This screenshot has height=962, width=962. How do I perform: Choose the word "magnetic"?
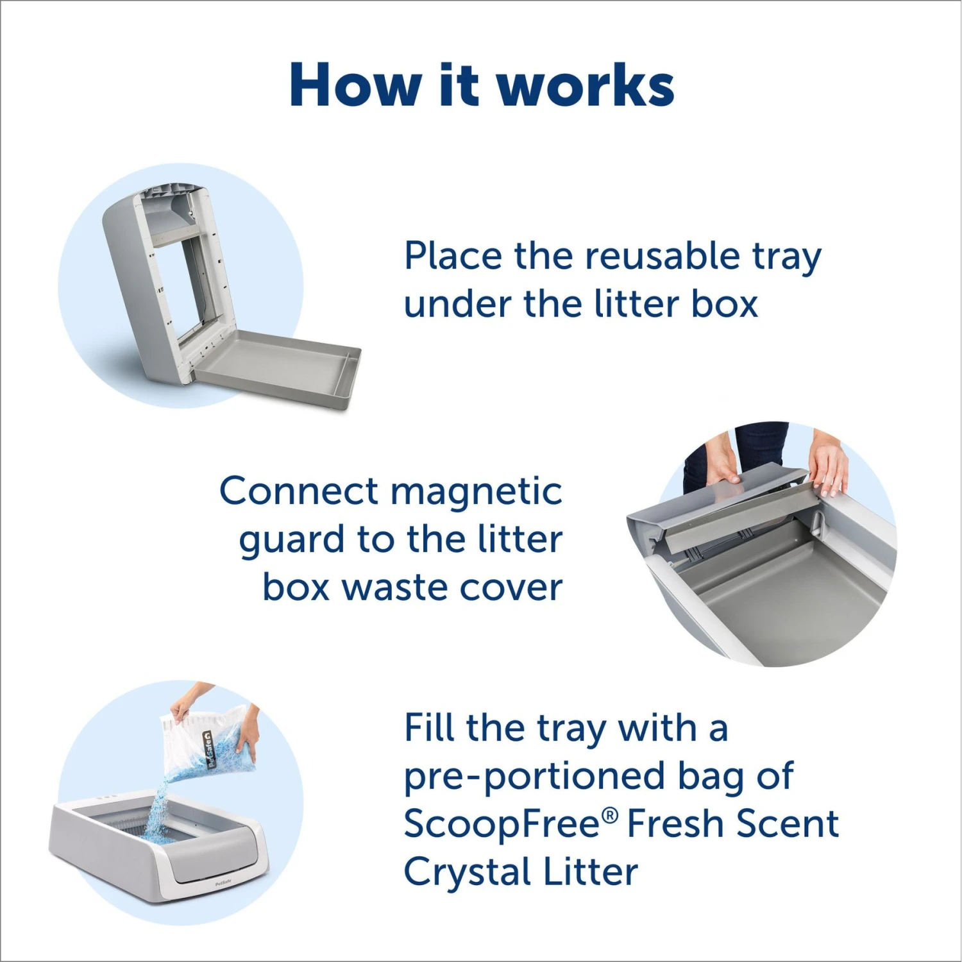pos(476,493)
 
